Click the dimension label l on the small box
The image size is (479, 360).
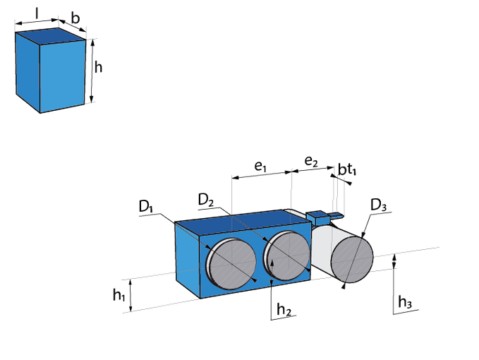coord(37,12)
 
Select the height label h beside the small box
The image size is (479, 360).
coord(99,68)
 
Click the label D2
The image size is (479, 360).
coord(206,200)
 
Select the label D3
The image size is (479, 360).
coord(379,205)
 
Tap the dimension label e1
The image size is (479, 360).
coord(260,167)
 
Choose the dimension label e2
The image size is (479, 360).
coord(311,162)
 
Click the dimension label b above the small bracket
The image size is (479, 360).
coord(341,169)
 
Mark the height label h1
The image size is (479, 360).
coord(119,295)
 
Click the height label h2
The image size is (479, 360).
coord(283,308)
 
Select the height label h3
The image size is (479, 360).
coord(404,302)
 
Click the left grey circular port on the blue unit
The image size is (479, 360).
coord(229,263)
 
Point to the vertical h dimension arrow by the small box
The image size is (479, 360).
coord(92,71)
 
